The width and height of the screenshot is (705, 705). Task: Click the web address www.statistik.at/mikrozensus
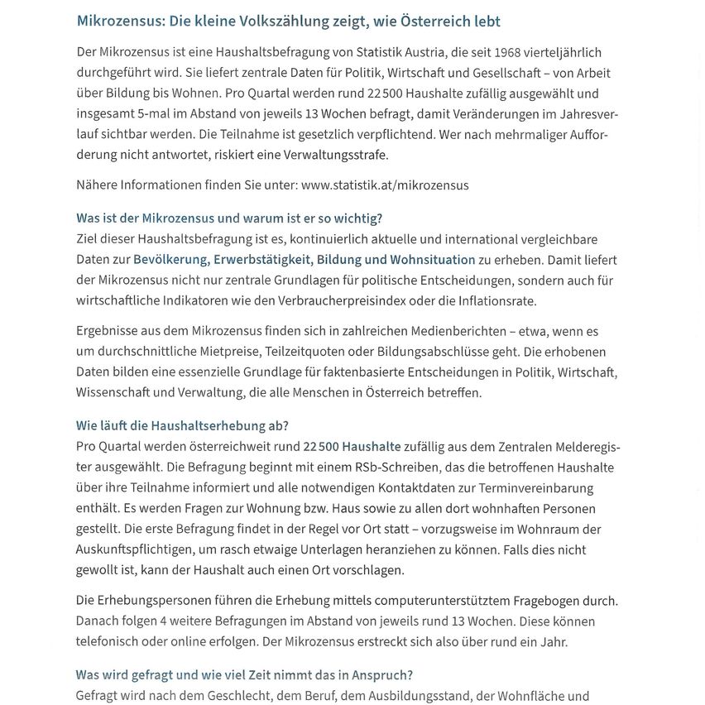(x=385, y=185)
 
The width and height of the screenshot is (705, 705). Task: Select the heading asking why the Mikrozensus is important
(x=229, y=218)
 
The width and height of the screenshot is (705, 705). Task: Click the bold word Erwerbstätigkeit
(x=263, y=260)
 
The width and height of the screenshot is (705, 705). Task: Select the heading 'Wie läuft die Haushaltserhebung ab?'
(x=182, y=426)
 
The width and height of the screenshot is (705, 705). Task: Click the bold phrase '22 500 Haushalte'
(x=352, y=447)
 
